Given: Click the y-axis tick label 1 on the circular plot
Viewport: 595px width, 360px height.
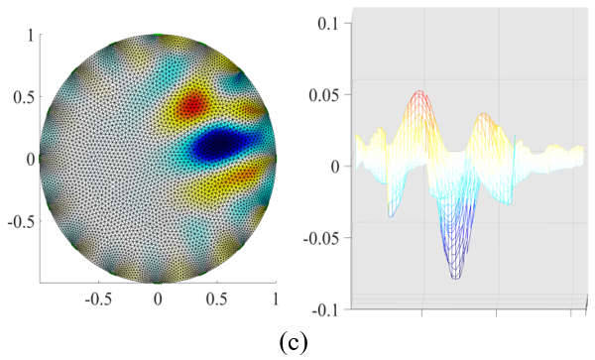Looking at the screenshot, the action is pos(31,37).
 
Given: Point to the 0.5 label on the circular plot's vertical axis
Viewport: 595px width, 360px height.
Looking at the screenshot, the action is pos(24,98).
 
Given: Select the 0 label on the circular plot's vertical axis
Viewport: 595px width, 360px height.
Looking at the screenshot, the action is pos(31,160).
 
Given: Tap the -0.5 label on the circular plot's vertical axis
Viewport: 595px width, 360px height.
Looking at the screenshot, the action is pos(21,221).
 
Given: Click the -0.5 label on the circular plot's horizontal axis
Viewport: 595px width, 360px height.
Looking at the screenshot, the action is pos(98,300).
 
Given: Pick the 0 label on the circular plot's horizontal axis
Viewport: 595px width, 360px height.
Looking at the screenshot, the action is pos(158,300).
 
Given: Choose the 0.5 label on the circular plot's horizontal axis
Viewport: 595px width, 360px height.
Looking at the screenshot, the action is pos(216,300).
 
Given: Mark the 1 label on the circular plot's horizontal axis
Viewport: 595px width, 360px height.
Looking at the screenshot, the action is pos(276,300).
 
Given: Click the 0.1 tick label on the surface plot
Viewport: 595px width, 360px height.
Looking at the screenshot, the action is pos(328,24).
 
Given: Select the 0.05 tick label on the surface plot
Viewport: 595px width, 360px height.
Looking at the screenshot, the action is pos(324,95).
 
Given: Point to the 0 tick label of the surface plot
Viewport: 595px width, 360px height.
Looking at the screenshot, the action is pos(335,167).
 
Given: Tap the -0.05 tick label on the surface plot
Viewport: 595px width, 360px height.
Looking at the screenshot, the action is pos(321,238).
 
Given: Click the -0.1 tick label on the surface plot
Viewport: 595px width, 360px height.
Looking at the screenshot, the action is pos(326,310).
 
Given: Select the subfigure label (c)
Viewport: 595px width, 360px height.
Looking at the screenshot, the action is pos(294,343).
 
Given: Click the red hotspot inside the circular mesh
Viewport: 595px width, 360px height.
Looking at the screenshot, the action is pos(193,103).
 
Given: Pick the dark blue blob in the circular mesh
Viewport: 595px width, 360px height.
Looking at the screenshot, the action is pos(218,144).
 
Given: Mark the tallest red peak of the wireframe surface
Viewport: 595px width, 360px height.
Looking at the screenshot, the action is pos(419,93).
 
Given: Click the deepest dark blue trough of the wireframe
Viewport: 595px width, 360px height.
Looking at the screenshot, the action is pos(456,277).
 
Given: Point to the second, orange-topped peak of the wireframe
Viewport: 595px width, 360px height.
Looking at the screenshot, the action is pos(483,115).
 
